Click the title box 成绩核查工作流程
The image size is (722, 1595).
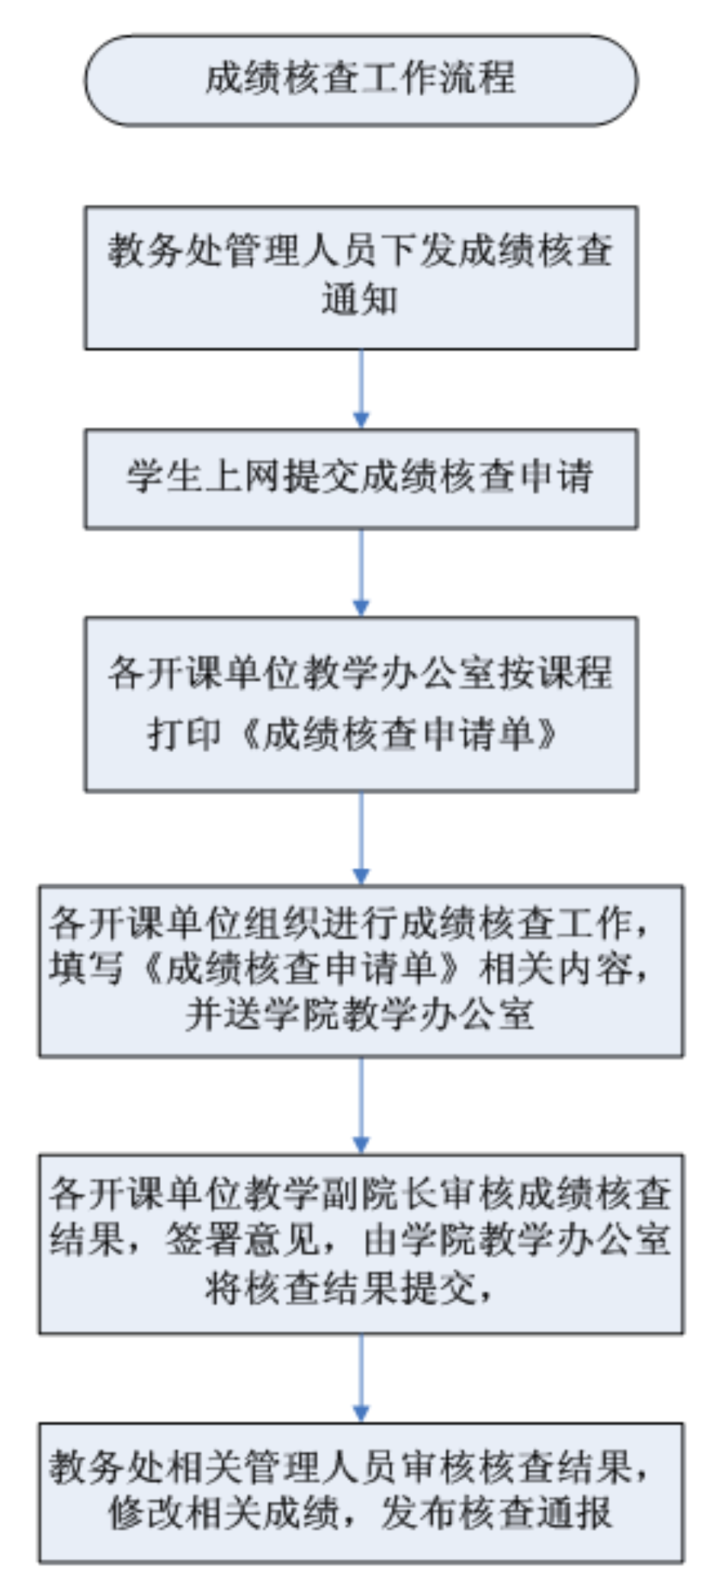coord(361,79)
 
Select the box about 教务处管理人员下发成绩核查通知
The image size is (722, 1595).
coord(361,278)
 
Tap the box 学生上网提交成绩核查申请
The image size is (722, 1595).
coord(361,478)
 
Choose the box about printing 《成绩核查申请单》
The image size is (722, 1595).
coord(361,704)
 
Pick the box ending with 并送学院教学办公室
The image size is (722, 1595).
coord(361,970)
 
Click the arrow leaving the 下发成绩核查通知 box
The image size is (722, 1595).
coord(361,389)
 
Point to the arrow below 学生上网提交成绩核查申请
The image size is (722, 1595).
coord(361,572)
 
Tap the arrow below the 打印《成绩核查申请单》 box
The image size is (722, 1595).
coord(361,838)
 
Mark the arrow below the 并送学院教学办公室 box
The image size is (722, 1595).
coord(361,1105)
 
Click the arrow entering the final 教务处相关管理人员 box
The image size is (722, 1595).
coord(361,1378)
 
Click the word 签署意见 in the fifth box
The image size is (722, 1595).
coord(242,1239)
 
